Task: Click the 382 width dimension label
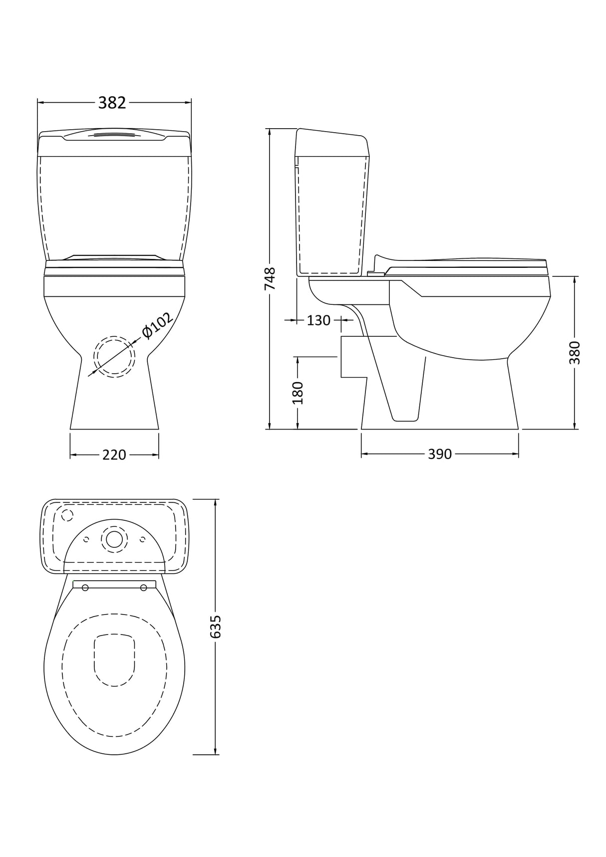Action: pos(112,103)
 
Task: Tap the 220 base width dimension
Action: pos(114,455)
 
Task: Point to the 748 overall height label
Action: pos(270,279)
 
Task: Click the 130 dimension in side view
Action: pos(318,320)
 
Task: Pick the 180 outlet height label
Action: pos(298,393)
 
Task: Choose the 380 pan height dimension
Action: pos(575,352)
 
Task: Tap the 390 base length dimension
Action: pos(440,454)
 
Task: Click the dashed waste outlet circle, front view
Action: pos(114,356)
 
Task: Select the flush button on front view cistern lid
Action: pos(115,135)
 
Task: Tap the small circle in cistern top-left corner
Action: pos(66,515)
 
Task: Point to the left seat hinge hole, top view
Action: pos(85,588)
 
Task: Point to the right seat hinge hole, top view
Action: pos(144,588)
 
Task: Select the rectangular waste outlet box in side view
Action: pos(353,357)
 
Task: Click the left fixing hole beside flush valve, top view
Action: pos(86,539)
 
